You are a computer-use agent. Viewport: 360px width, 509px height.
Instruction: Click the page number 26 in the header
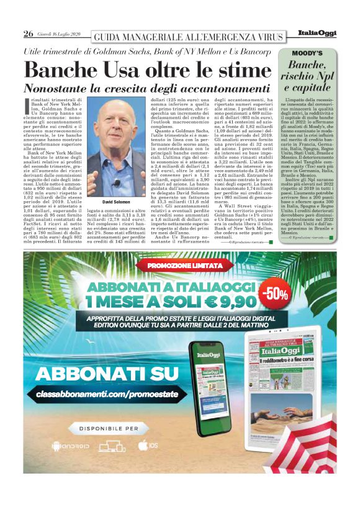28,34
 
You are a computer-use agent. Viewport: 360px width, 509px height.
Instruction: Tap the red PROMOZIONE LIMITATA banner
179,266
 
